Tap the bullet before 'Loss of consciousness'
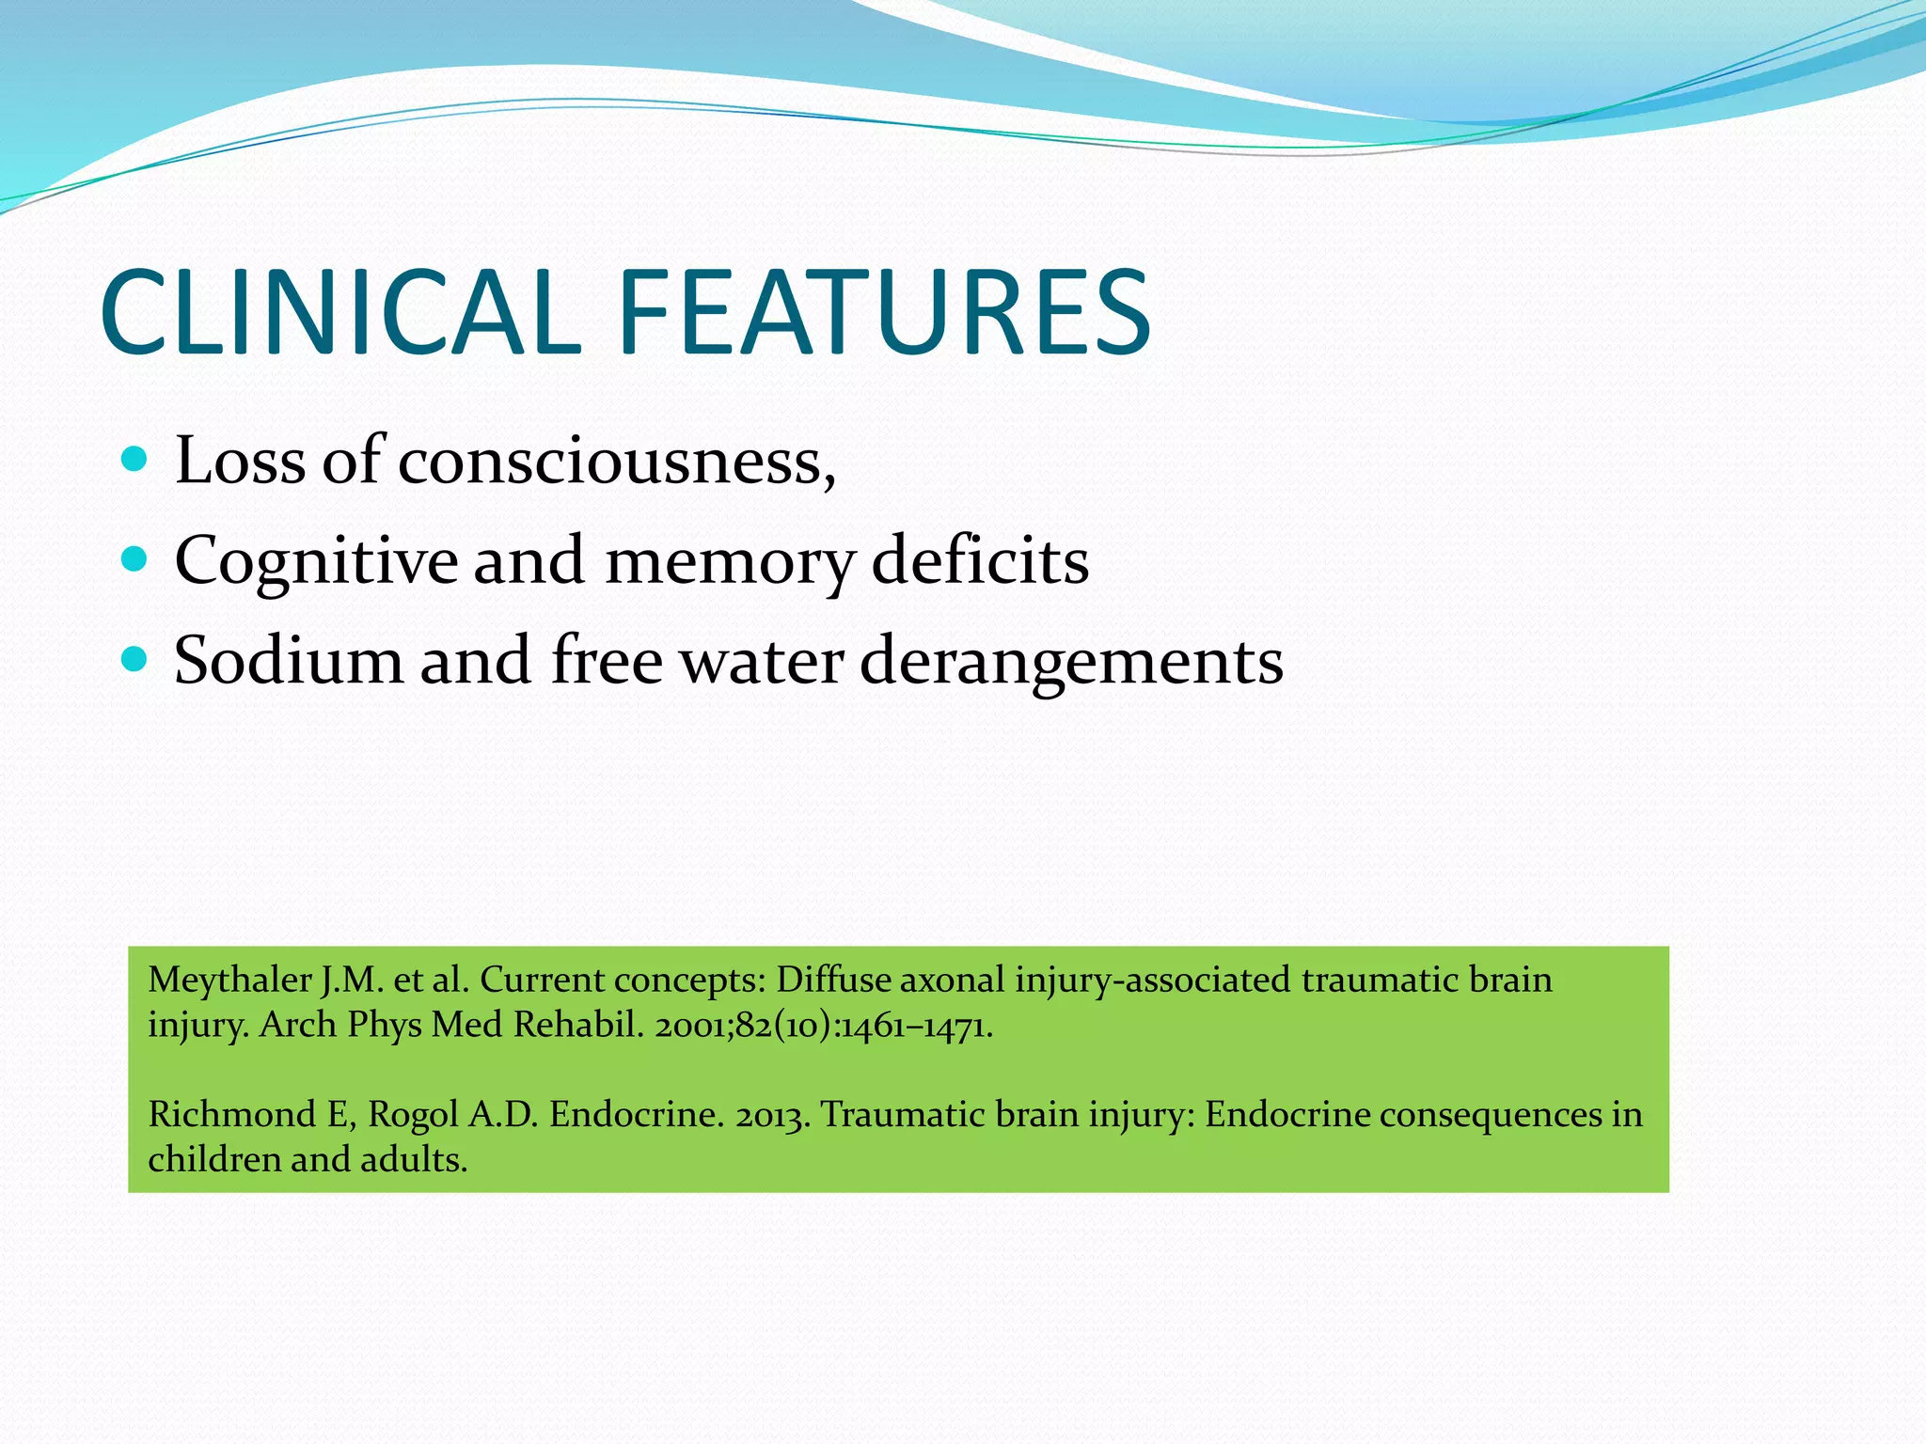(135, 460)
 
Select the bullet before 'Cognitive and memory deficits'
(135, 560)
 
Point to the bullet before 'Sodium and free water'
(135, 660)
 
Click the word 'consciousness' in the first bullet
(616, 462)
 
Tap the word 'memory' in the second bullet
(730, 562)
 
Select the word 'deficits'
(980, 561)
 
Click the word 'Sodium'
(289, 661)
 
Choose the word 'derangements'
(1071, 662)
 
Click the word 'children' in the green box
(214, 1159)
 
